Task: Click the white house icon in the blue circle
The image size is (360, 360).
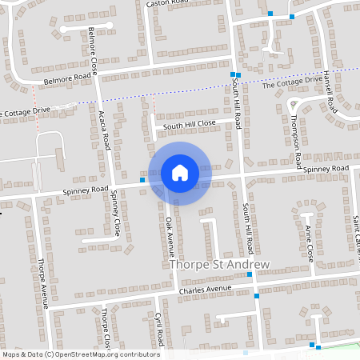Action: click(x=179, y=172)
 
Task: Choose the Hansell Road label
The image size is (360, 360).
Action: click(x=327, y=93)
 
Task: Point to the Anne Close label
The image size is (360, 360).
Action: click(x=310, y=244)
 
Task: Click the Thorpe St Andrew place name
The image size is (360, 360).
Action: click(x=220, y=264)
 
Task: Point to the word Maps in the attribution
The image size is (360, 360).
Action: click(x=11, y=354)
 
